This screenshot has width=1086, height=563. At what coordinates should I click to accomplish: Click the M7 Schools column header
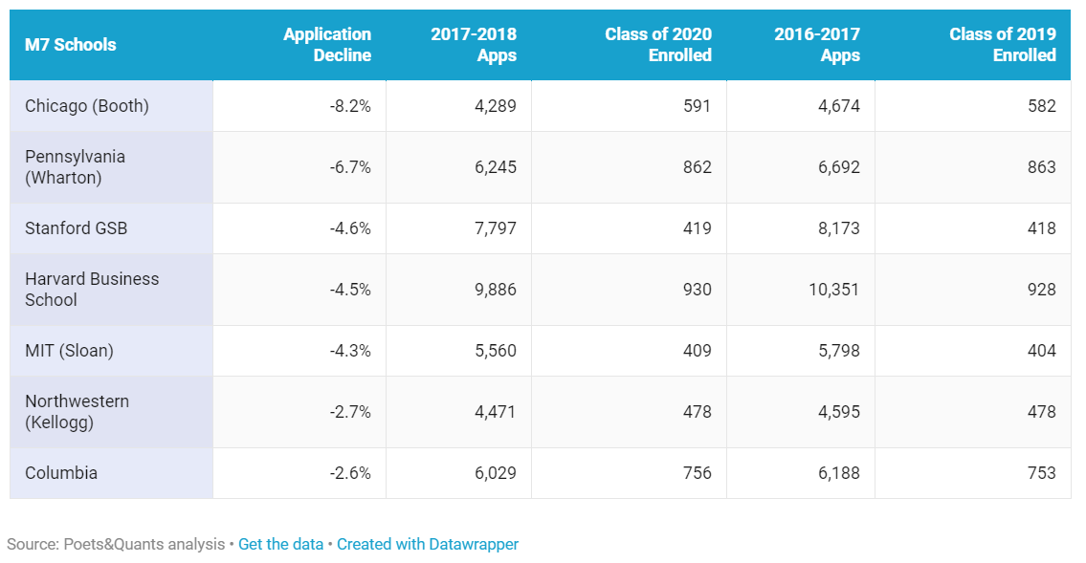coord(71,45)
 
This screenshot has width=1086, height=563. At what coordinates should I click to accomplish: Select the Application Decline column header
coord(327,45)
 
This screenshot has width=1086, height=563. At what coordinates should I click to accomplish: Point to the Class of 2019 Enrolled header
coord(1002,45)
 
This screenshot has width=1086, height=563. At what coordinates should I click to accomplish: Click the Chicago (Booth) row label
coord(87,106)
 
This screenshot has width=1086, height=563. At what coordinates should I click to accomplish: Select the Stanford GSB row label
coord(77,228)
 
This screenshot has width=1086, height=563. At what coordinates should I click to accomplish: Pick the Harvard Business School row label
coord(92,290)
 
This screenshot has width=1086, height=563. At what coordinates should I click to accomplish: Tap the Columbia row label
coord(61,473)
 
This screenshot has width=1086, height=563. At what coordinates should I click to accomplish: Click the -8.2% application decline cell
coord(350,106)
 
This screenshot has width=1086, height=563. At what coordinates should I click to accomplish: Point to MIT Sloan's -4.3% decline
coord(350,351)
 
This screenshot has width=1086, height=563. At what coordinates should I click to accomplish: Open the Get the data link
coord(280,544)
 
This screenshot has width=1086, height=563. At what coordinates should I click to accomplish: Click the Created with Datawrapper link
coord(427,544)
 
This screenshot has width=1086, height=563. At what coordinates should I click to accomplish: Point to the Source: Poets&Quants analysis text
coord(115,544)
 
